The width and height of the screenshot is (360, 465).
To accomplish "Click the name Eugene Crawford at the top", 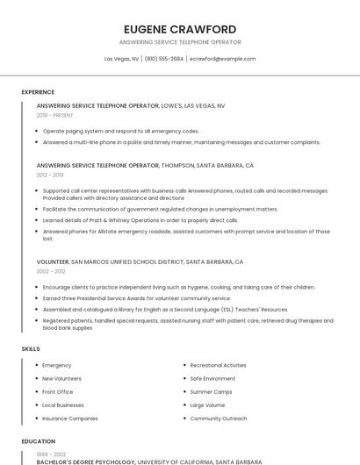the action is [x=180, y=29].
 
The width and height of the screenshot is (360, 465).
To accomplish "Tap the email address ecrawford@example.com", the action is [x=222, y=59].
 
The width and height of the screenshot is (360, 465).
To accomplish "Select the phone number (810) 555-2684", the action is [x=164, y=59].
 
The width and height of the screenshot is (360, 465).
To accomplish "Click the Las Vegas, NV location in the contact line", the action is [x=121, y=59].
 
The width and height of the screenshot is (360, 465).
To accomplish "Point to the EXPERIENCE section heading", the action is [x=38, y=92].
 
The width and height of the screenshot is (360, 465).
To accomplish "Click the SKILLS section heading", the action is [x=31, y=349].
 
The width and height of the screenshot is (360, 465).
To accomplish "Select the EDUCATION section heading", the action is [x=39, y=441].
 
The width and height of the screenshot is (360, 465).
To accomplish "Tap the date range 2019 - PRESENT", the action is [x=54, y=115].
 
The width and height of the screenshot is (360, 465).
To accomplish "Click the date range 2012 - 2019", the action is [x=50, y=175].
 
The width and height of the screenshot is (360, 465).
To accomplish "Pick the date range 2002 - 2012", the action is [x=50, y=271].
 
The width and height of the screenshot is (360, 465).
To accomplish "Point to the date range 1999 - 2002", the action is [x=50, y=454].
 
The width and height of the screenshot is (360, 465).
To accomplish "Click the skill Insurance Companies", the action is [x=70, y=418].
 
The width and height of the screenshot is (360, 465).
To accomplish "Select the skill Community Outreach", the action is [x=219, y=418].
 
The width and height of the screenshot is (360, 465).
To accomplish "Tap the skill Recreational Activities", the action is [x=218, y=365].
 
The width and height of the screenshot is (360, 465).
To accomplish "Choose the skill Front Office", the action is [x=58, y=391].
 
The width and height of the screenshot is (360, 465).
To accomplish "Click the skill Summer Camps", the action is [x=211, y=391].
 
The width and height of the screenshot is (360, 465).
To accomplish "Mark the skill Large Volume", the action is [x=208, y=405].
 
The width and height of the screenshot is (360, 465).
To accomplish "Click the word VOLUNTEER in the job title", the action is [x=53, y=261].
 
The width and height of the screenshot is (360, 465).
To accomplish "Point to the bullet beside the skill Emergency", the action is [x=36, y=365].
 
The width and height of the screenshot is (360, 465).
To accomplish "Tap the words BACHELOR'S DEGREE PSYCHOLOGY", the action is [x=86, y=461].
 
